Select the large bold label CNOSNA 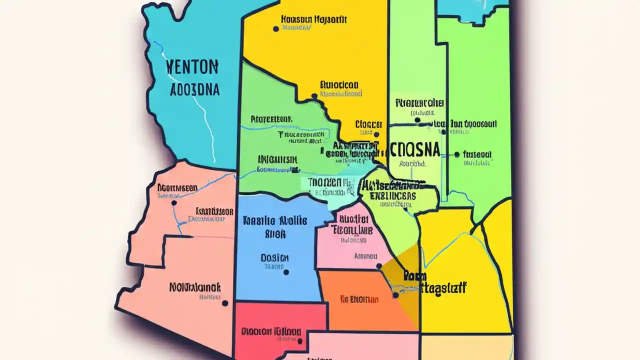(x=414, y=149)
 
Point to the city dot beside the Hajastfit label (x=275, y=29)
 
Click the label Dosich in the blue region (x=274, y=258)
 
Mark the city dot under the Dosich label (x=286, y=272)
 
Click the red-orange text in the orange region (x=359, y=299)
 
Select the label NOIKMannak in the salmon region (x=195, y=287)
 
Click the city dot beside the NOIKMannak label (x=225, y=303)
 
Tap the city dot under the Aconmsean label (x=174, y=203)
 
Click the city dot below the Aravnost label (x=379, y=266)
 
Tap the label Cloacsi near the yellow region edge (x=369, y=124)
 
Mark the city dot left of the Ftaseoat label (x=456, y=155)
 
